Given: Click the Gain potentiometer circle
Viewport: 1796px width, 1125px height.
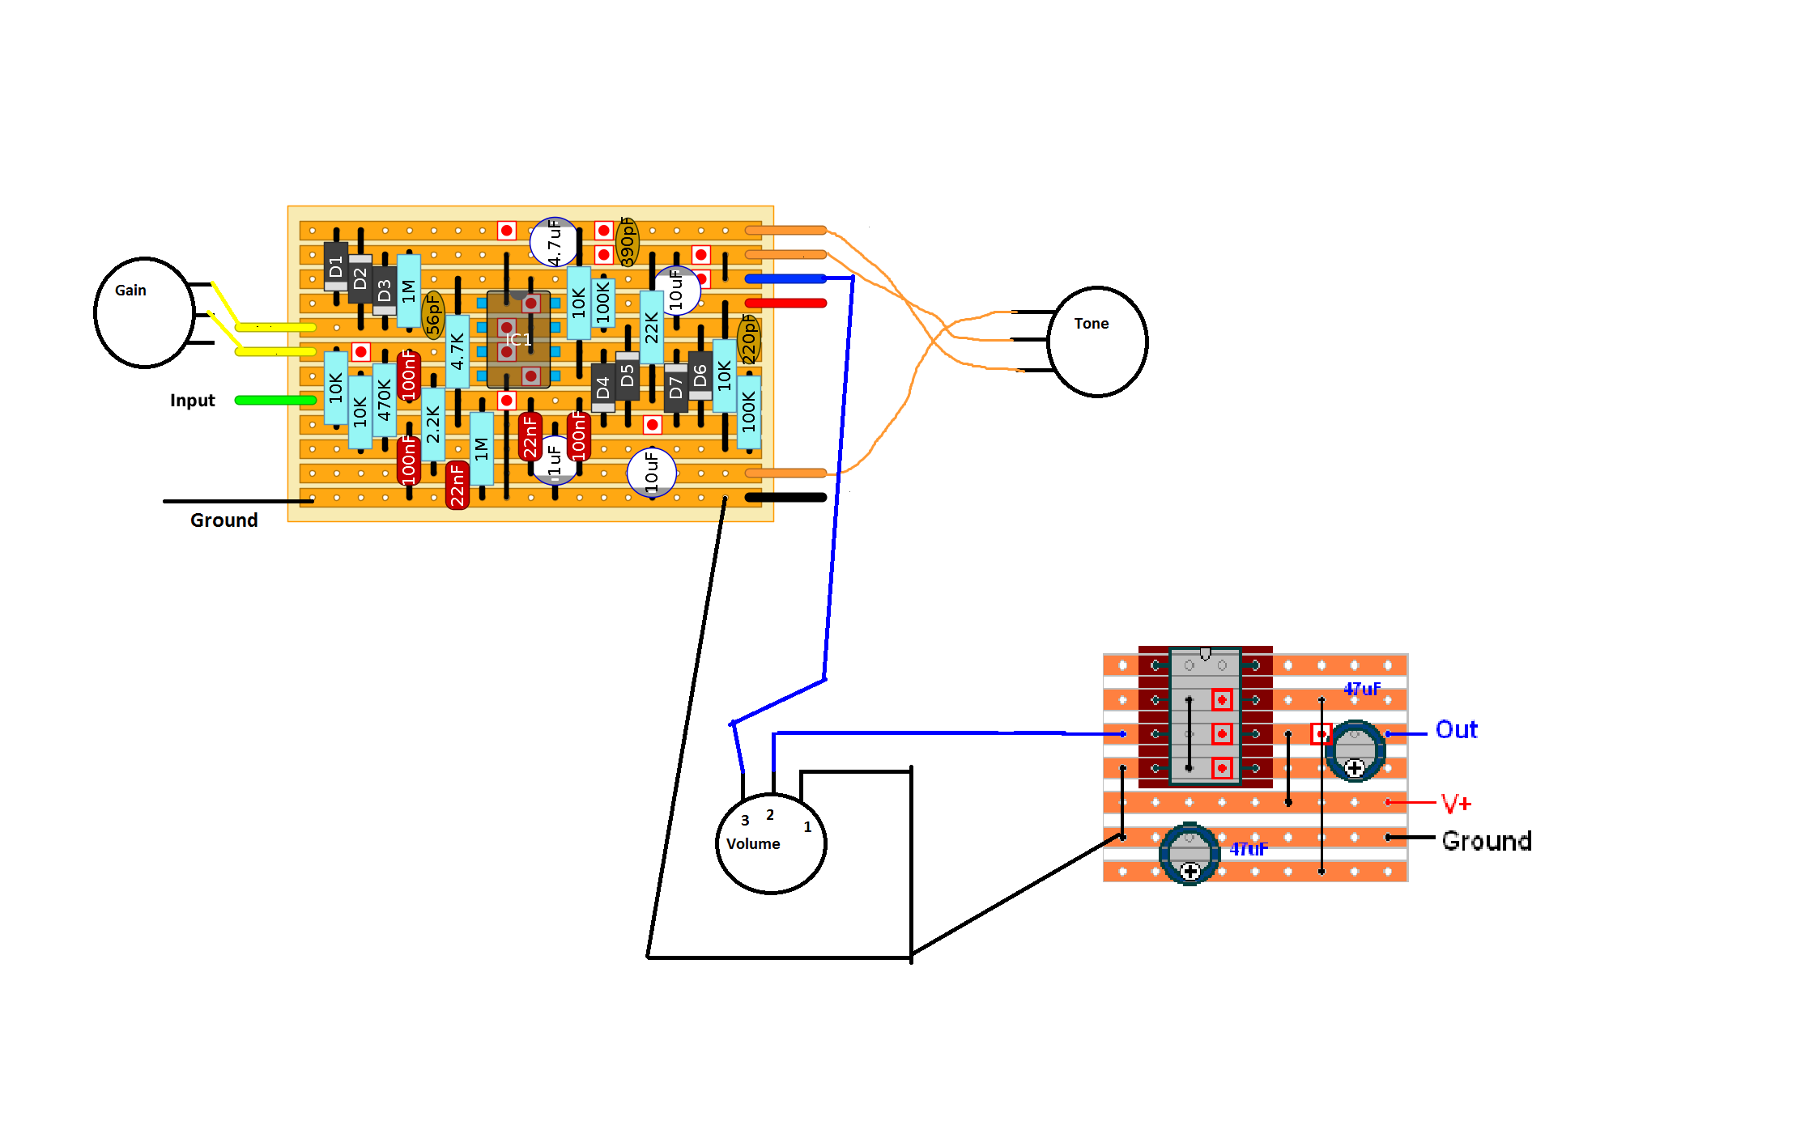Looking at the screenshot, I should (x=144, y=313).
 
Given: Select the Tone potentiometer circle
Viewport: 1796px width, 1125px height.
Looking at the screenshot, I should (x=1097, y=342).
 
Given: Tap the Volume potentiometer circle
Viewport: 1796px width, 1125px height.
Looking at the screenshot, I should (x=771, y=843).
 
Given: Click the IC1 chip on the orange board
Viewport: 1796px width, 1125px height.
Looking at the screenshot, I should (x=518, y=340).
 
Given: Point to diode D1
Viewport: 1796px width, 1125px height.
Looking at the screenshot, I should (x=336, y=266).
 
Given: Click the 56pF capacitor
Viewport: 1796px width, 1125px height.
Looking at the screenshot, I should (x=433, y=315).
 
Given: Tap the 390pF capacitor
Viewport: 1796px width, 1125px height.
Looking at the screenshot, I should (x=628, y=241).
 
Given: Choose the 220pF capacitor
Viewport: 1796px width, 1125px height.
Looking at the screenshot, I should (x=749, y=339).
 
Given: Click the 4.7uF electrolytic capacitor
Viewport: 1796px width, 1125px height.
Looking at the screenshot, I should (x=554, y=242).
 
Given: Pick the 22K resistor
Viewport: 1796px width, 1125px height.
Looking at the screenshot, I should (x=652, y=328).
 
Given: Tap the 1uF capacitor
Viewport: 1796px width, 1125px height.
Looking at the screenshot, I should (x=555, y=461).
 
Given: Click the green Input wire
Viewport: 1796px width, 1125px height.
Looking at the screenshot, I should (x=275, y=400).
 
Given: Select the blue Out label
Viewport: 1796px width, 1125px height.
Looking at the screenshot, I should (x=1456, y=730).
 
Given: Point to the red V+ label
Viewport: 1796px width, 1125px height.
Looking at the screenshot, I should (x=1456, y=804).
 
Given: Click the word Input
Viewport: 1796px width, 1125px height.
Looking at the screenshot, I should (x=192, y=401).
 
